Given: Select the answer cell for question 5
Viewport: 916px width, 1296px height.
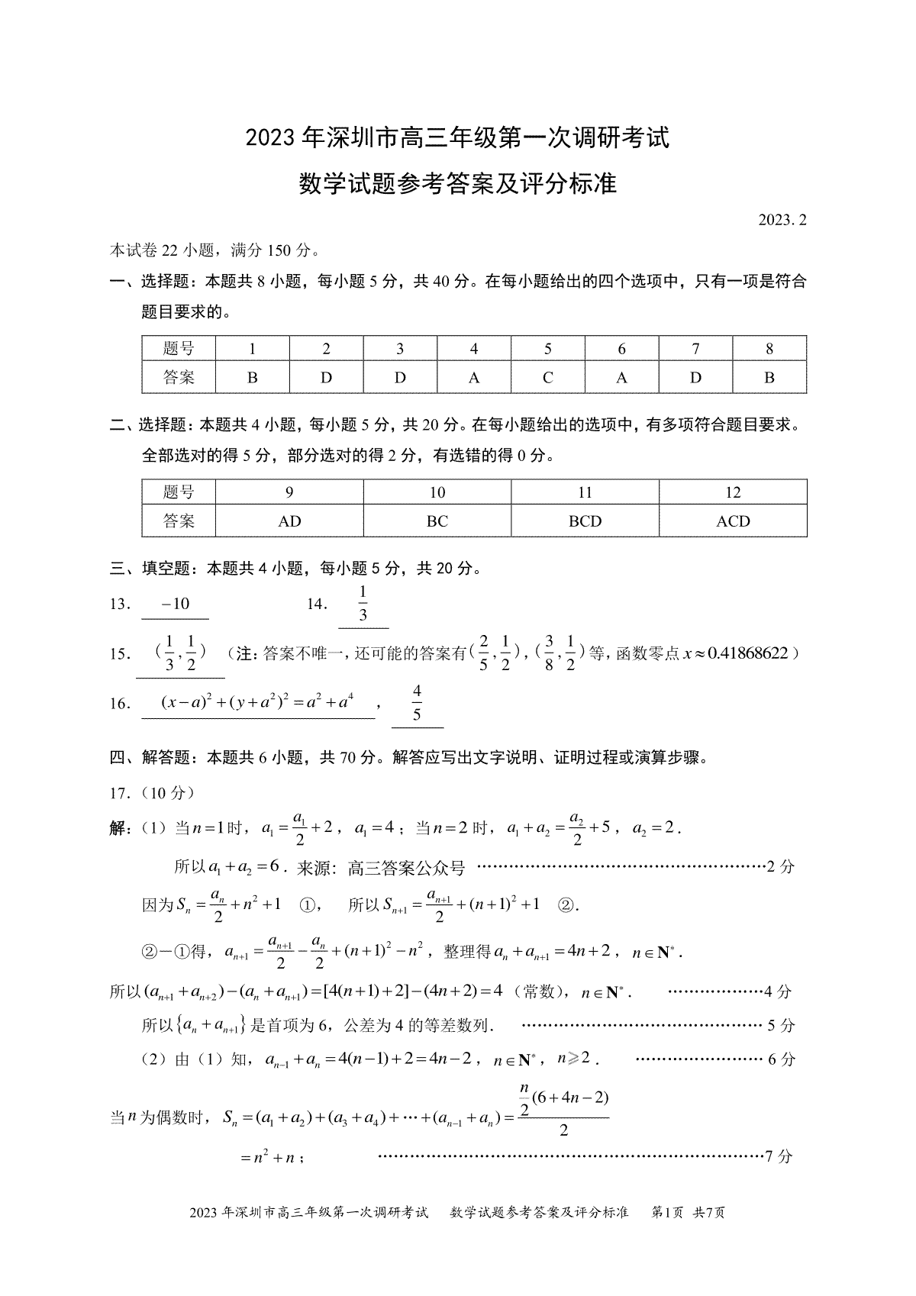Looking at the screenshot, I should [547, 377].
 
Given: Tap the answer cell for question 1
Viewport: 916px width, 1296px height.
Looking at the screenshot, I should [253, 377].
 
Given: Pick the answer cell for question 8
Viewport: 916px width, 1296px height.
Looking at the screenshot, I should [769, 377].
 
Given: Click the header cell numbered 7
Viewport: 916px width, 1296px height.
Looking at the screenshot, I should [695, 349].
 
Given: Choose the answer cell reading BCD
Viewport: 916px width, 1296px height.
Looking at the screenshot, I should [585, 521].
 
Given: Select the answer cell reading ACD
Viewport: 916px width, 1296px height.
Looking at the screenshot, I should [733, 521].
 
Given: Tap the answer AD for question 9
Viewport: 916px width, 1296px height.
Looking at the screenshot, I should [289, 521].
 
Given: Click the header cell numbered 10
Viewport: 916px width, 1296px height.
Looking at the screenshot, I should [437, 492].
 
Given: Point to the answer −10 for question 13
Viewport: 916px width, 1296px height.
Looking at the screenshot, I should [176, 604].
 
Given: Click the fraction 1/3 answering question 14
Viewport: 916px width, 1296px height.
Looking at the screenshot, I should [363, 604].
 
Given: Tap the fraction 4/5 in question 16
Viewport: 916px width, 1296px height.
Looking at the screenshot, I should [417, 703].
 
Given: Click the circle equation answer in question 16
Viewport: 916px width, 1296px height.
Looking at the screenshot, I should [258, 702].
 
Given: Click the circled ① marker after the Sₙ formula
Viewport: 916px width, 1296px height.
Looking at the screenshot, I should [308, 904].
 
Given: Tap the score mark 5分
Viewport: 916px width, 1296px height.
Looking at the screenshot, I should [781, 1025].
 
